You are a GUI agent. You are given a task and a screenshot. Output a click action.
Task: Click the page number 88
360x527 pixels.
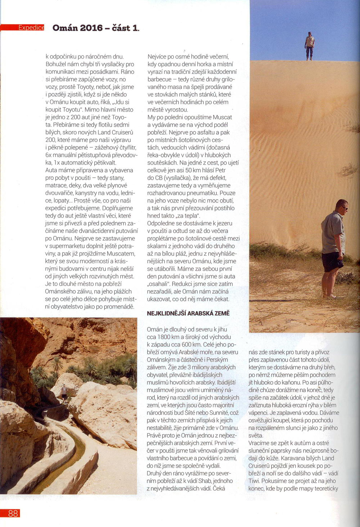[13, 513]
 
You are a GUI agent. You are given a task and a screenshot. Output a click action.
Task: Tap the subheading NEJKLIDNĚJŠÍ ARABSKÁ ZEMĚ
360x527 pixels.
[188, 313]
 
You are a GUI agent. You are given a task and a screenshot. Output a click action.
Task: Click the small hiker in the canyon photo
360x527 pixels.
[64, 392]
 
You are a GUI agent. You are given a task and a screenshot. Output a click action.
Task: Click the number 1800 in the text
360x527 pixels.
[165, 337]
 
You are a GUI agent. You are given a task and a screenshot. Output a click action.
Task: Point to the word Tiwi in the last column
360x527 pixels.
[254, 481]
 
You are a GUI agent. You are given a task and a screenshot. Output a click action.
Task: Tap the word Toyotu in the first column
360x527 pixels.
[72, 110]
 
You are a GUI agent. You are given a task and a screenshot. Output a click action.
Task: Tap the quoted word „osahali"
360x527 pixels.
[159, 284]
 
